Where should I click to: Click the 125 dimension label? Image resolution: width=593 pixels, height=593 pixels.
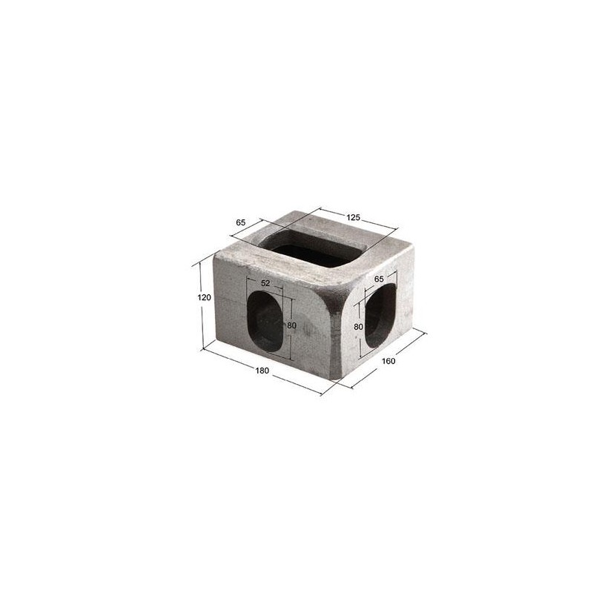click(354, 217)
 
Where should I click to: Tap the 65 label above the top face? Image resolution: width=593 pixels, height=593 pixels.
click(241, 222)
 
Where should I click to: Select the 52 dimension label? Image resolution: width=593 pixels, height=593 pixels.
click(265, 283)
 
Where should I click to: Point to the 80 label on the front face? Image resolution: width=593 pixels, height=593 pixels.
click(291, 325)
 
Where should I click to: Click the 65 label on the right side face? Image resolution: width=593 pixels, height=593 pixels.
click(379, 279)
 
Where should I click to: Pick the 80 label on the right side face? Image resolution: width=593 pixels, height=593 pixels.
click(359, 326)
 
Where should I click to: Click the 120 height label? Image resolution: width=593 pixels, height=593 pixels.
click(205, 298)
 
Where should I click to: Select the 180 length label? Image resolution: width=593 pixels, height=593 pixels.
click(262, 371)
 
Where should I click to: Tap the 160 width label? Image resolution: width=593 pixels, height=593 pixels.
click(388, 361)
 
